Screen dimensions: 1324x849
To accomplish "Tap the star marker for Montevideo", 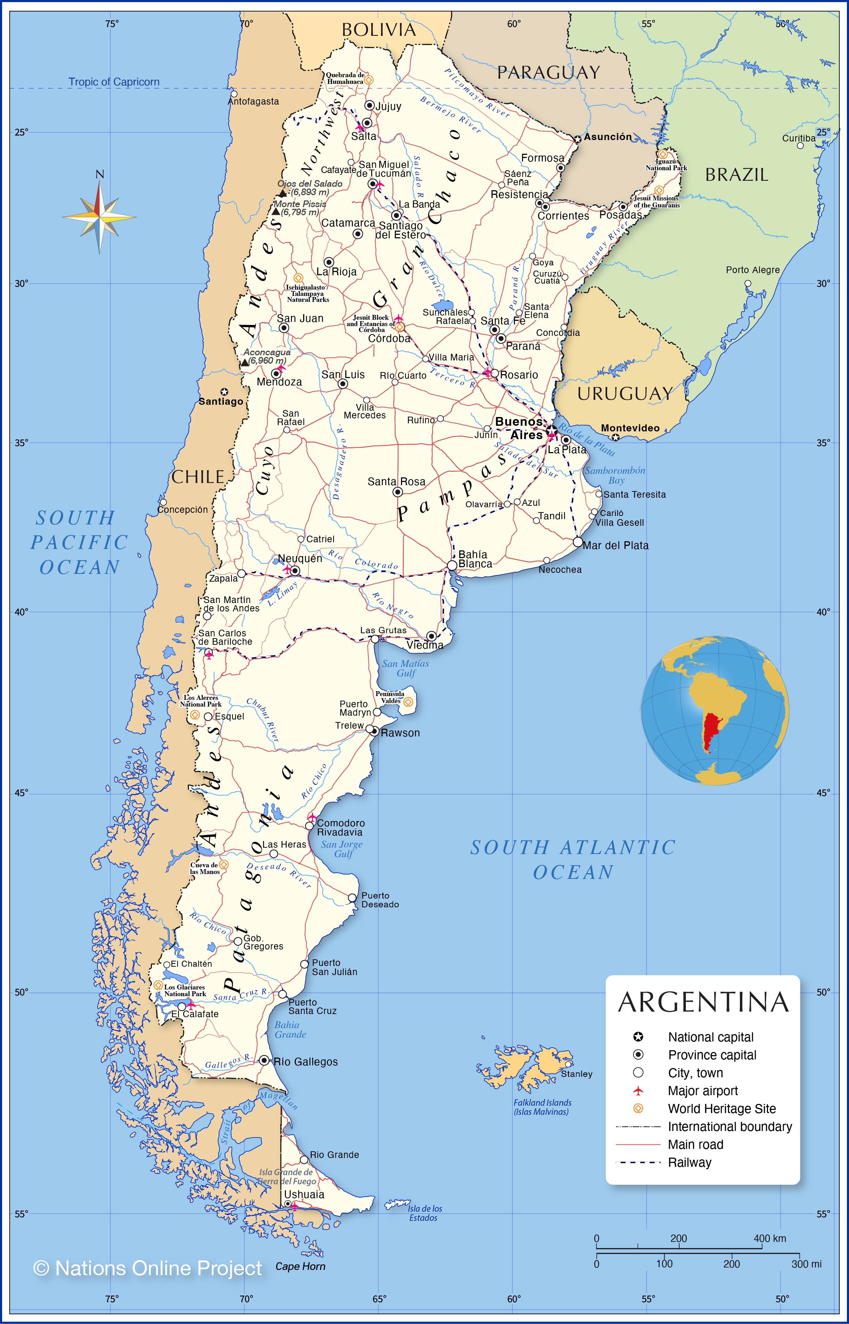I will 616,438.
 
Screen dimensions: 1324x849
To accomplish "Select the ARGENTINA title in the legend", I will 703,1002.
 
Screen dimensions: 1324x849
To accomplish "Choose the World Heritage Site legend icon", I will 639,1108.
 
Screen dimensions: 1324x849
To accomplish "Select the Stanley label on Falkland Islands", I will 577,1074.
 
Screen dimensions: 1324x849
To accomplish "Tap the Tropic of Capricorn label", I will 114,82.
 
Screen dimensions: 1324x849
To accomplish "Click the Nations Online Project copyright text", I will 147,1268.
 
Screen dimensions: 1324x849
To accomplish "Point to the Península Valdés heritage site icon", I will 408,702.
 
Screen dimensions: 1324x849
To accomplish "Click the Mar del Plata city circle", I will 578,542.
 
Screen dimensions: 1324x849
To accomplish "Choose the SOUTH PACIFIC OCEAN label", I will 79,543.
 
